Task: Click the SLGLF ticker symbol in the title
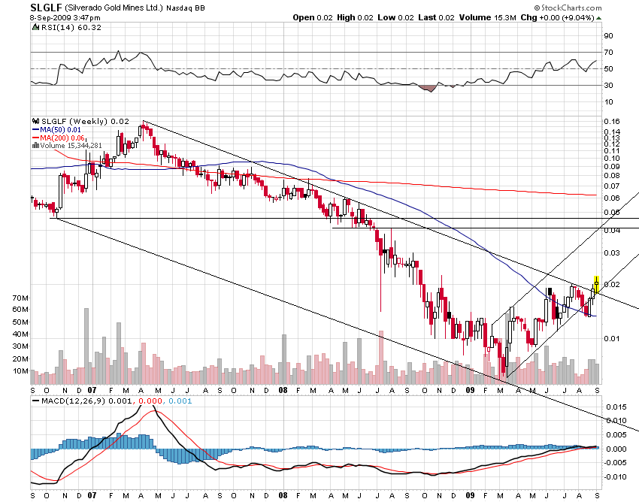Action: tap(44, 7)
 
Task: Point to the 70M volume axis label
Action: tap(20, 298)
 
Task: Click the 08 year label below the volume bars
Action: tap(283, 391)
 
